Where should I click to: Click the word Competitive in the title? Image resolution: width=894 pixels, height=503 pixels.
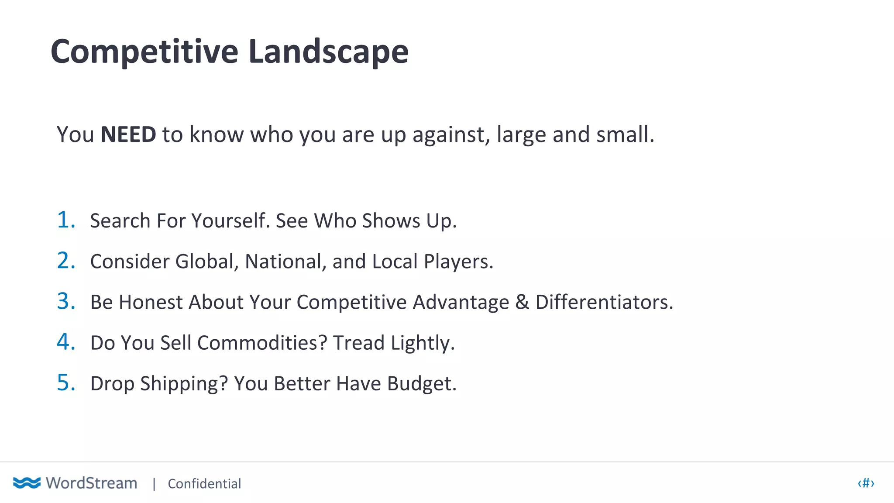[144, 52]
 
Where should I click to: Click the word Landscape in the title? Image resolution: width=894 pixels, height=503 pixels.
[328, 52]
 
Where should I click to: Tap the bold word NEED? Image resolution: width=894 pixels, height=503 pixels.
[128, 134]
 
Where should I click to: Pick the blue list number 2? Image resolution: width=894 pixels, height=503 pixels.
[65, 261]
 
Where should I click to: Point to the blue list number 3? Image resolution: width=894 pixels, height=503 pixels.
[65, 301]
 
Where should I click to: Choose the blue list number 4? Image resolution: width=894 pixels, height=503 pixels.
[65, 342]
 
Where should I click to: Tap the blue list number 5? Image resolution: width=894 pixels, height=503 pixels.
[65, 383]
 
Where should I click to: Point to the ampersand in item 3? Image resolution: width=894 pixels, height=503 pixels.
[522, 302]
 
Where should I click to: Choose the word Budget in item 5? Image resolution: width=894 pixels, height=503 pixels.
[421, 384]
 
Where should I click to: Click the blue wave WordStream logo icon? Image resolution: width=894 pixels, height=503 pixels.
[27, 483]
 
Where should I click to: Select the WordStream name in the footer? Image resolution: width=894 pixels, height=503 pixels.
[92, 483]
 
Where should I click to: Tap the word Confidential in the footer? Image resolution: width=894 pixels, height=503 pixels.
[204, 484]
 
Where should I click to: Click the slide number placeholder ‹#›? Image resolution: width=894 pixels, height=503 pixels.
[866, 483]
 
